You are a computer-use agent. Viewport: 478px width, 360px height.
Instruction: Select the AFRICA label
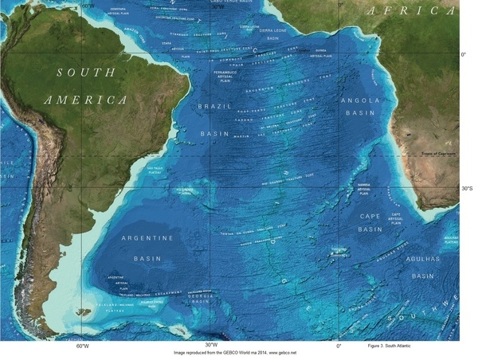coord(412,11)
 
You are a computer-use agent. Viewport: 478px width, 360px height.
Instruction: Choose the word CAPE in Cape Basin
coord(370,215)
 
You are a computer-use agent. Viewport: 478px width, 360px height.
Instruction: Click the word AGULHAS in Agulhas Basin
coord(422,260)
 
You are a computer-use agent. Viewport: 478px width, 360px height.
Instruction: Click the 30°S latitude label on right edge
coord(467,189)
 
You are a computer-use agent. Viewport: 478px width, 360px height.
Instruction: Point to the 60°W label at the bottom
coord(82,346)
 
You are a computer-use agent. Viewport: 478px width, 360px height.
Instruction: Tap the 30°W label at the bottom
coord(211,346)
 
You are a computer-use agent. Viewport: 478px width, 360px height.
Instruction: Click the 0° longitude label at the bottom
coord(339,346)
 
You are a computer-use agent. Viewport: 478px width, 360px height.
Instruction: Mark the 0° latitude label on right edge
coord(465,55)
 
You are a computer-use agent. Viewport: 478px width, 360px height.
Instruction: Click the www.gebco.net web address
coord(282,352)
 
